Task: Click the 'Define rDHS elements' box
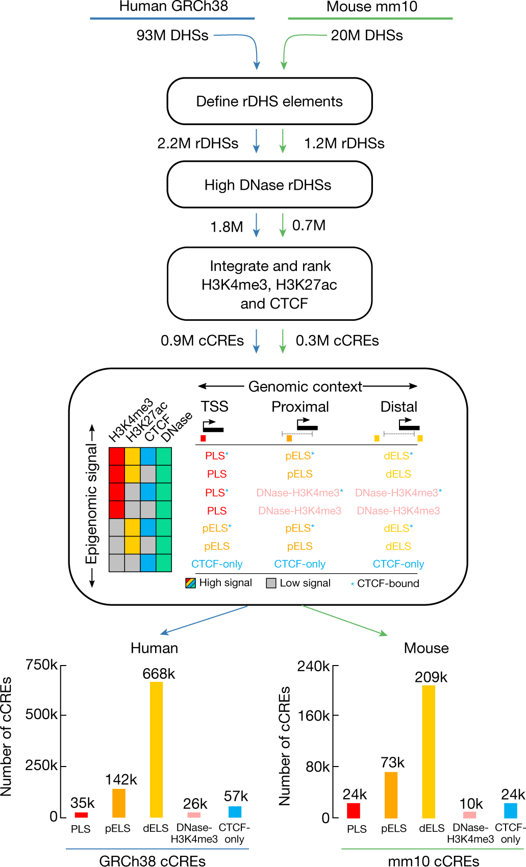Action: [269, 101]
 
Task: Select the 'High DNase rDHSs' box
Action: [269, 185]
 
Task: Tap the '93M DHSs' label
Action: [172, 36]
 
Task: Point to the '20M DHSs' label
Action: [367, 36]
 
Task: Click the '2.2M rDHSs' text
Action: [198, 143]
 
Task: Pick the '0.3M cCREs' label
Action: [337, 341]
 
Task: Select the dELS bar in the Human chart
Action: [156, 750]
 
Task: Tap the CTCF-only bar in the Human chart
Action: [235, 811]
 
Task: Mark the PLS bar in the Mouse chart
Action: [354, 810]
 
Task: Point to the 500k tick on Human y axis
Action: [42, 715]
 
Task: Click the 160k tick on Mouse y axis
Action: [314, 716]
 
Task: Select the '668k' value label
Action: [159, 674]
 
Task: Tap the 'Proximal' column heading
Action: [300, 406]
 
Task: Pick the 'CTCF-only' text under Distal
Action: [398, 564]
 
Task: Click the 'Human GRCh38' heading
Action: [173, 7]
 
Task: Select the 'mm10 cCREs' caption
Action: [433, 861]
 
